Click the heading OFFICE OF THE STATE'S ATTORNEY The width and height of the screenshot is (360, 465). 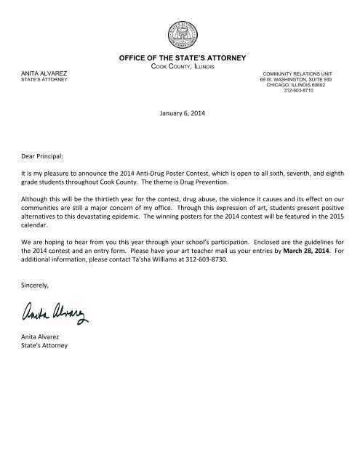[180, 57]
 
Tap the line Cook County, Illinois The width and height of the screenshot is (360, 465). [180, 66]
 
